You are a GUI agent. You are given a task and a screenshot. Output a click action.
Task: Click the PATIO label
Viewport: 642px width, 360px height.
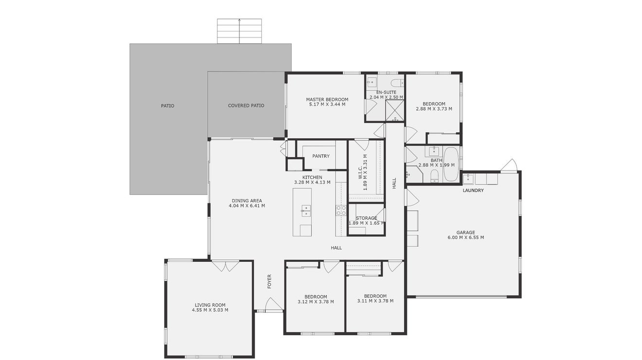[x=167, y=106]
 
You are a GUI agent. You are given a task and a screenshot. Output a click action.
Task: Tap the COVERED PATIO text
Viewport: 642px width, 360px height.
[x=246, y=106]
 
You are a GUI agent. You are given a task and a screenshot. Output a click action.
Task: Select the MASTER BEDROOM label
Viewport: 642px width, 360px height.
[x=327, y=99]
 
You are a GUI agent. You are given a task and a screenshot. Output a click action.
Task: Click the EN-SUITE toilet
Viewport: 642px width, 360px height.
[x=397, y=83]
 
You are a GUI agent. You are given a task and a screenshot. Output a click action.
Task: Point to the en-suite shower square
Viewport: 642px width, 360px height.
[x=394, y=110]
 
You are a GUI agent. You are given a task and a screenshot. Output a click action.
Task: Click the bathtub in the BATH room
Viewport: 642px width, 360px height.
[x=451, y=164]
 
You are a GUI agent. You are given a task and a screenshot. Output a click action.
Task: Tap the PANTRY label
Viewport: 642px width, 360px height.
[x=321, y=156]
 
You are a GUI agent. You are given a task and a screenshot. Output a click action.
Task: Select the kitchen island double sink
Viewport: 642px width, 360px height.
[x=306, y=211]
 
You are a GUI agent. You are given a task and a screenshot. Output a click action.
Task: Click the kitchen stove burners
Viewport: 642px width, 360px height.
[x=341, y=210]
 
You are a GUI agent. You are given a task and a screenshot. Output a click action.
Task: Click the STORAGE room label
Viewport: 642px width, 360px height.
[x=366, y=218]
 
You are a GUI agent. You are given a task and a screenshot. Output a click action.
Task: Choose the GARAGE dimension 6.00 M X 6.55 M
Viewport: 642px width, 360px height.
[x=466, y=237]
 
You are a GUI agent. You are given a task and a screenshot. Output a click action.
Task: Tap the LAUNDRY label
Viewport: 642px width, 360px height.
[x=473, y=190]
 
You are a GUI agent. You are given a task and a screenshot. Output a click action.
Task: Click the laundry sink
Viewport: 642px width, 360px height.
[x=468, y=179]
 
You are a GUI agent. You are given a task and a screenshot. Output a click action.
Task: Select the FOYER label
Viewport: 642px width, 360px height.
[x=269, y=282]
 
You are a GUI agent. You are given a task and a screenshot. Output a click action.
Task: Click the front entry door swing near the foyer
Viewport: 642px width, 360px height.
[x=274, y=304]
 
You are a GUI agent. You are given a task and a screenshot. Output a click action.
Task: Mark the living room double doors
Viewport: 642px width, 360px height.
[x=225, y=266]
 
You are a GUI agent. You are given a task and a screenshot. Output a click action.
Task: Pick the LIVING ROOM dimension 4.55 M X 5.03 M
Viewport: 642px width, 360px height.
[x=210, y=310]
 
